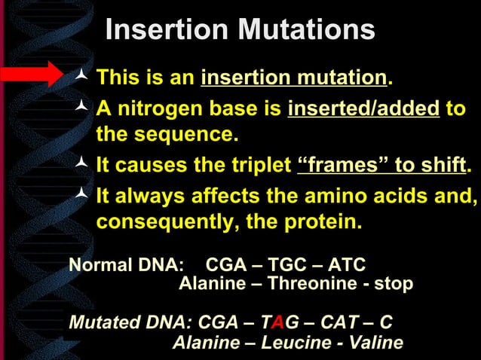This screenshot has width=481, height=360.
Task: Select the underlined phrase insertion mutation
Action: click(x=293, y=78)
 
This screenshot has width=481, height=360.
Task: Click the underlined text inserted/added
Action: click(x=363, y=110)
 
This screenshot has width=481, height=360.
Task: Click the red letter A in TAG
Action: click(x=278, y=323)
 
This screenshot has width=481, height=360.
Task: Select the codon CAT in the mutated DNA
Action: click(x=341, y=323)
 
